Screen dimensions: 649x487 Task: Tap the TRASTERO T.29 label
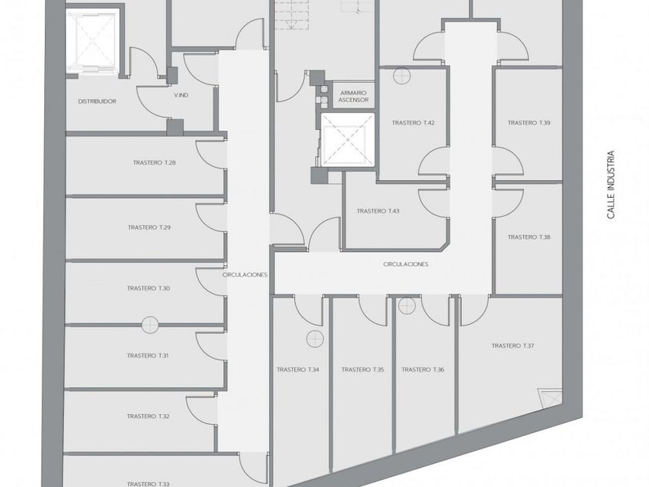point(149,227)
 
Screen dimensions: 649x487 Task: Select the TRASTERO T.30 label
point(148,288)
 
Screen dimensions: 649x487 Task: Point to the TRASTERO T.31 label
point(148,356)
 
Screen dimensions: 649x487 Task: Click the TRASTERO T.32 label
point(148,417)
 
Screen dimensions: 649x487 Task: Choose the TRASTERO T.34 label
point(298,370)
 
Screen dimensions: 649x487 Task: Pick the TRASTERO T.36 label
point(423,370)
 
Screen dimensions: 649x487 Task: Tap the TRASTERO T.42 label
point(413,123)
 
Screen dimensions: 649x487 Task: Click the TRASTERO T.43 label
point(378,211)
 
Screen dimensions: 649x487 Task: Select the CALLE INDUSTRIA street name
point(610,185)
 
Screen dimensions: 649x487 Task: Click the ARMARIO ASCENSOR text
point(354,96)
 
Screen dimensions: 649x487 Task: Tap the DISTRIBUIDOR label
point(97,101)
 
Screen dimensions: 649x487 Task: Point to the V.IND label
point(182,95)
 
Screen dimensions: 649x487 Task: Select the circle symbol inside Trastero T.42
point(400,75)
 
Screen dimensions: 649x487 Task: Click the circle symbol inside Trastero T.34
point(314,337)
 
